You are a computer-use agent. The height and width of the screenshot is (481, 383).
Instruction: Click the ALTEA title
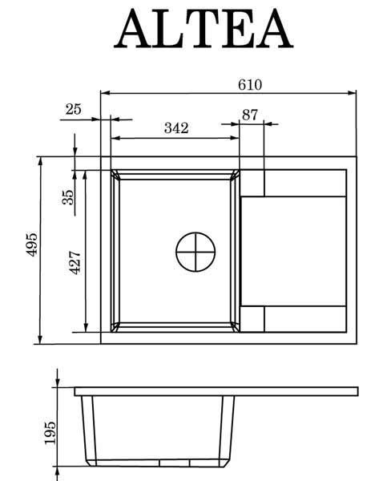click(x=204, y=29)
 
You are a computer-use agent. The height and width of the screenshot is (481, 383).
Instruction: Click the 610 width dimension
click(x=250, y=85)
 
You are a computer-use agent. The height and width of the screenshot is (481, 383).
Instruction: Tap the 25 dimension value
click(x=73, y=109)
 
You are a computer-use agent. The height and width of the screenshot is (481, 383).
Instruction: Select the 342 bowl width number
click(x=176, y=128)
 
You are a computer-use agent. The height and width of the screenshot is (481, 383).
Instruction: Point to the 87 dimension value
click(x=250, y=115)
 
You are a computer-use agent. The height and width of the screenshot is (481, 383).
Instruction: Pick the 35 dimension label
click(x=68, y=197)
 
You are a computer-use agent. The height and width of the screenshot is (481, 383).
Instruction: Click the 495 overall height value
click(x=31, y=245)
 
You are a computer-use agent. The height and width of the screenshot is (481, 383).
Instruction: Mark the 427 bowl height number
click(x=75, y=263)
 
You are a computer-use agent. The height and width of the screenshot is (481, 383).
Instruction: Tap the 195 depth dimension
click(x=50, y=433)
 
